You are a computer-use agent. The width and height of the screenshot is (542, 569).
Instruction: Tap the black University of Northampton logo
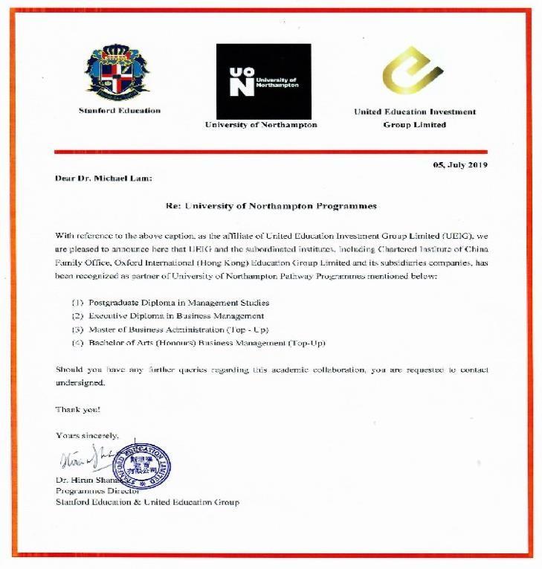tap(263, 80)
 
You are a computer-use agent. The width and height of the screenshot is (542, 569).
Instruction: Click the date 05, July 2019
tap(460, 165)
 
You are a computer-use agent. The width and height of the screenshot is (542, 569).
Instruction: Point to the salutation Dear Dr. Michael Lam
tap(103, 178)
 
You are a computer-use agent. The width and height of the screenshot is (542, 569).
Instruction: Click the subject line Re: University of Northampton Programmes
tap(271, 205)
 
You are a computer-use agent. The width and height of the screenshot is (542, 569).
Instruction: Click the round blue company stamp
tap(141, 464)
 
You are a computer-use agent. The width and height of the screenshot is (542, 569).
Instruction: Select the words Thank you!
tap(77, 409)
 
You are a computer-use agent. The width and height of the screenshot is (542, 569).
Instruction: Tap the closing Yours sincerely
tap(87, 435)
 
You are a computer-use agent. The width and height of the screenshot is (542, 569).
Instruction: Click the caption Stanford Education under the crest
tap(119, 111)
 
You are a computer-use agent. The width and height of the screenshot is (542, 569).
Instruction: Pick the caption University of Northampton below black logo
tap(261, 125)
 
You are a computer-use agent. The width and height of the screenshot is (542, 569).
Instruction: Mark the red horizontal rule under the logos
tap(271, 152)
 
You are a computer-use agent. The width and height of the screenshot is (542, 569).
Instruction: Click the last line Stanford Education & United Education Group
tap(147, 502)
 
